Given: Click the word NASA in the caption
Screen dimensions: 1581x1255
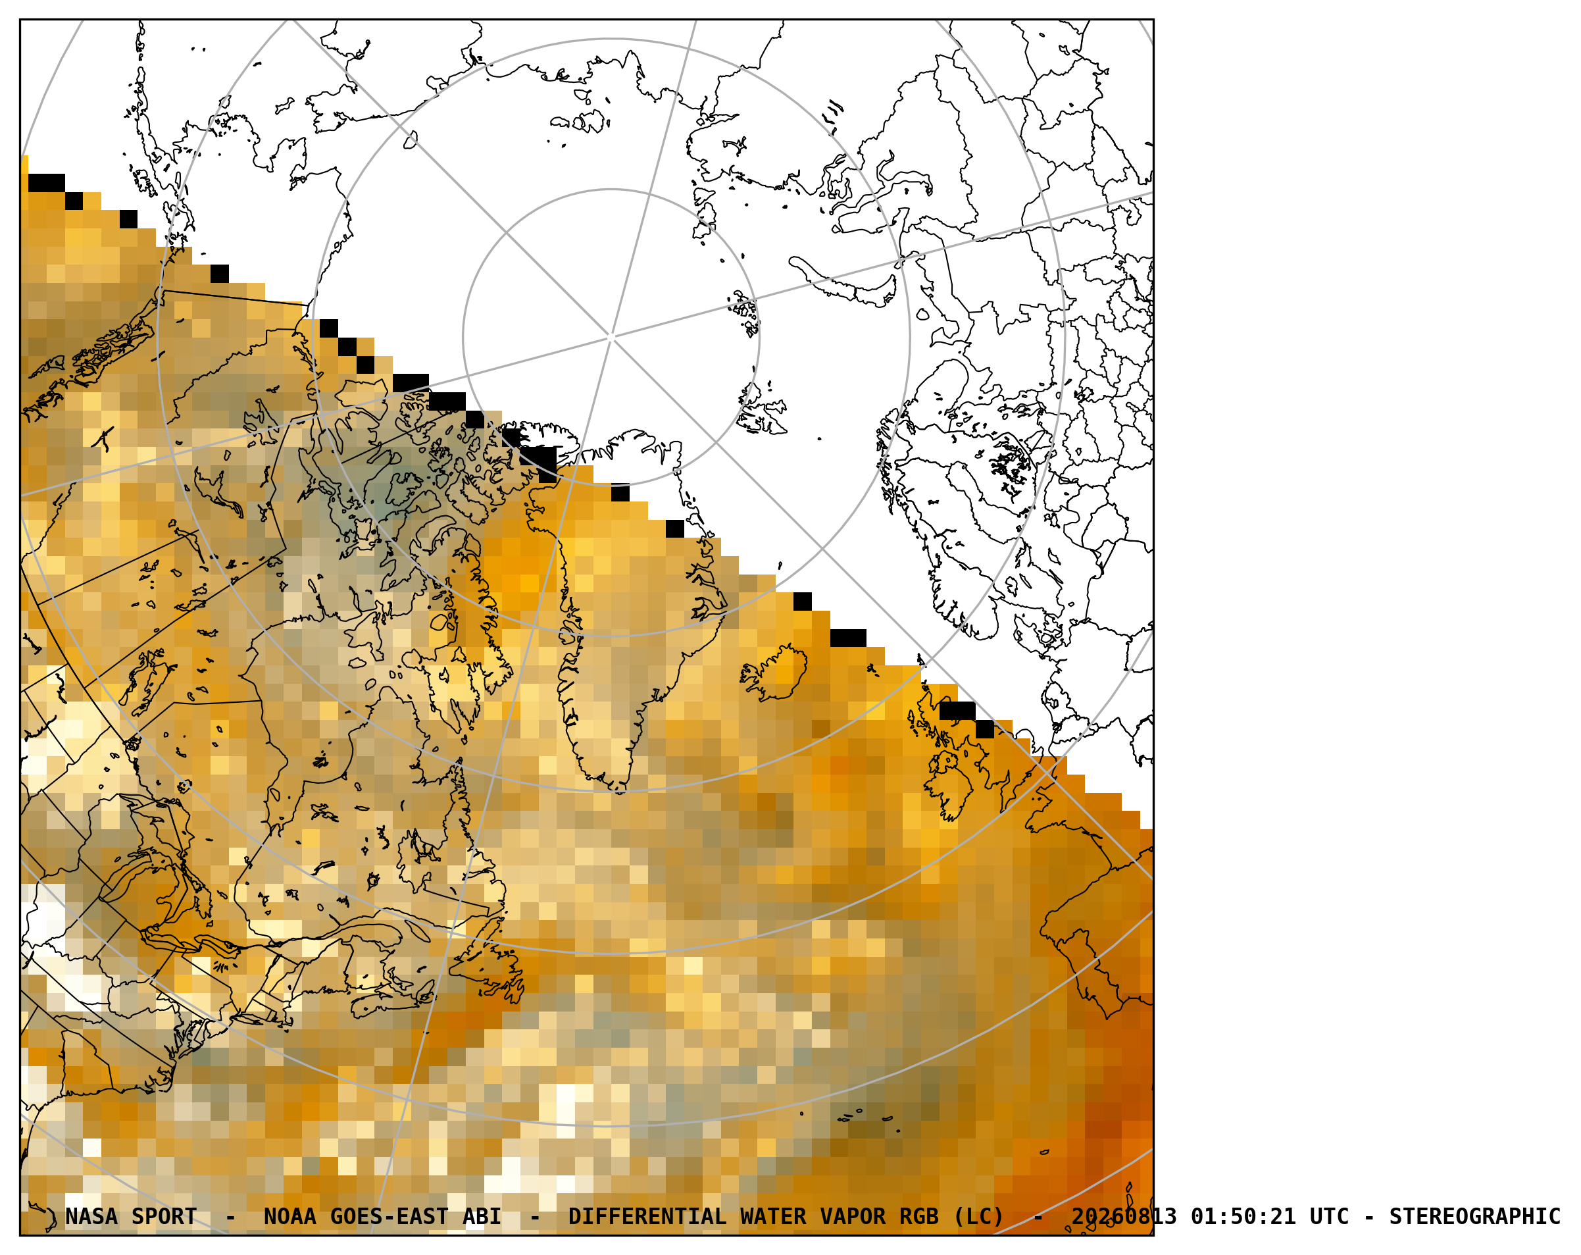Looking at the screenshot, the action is tap(91, 1217).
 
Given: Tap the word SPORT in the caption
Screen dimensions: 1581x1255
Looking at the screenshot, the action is tap(164, 1217).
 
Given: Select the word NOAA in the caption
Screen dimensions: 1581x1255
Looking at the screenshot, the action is tap(289, 1217).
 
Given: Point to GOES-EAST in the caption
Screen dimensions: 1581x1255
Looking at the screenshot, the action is tap(389, 1217).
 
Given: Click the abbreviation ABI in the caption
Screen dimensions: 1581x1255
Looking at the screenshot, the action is tap(482, 1217).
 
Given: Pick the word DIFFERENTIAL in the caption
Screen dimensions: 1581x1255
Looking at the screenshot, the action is tap(647, 1217).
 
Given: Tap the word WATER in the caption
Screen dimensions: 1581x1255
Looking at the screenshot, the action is tap(774, 1217).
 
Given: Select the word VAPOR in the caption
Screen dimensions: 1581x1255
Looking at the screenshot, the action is tap(853, 1217).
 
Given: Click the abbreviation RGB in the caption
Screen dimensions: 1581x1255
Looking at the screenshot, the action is tap(920, 1217).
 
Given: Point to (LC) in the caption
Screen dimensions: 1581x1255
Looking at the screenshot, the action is tap(979, 1217).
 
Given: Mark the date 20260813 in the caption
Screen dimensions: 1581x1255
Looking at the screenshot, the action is tap(1124, 1217).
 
